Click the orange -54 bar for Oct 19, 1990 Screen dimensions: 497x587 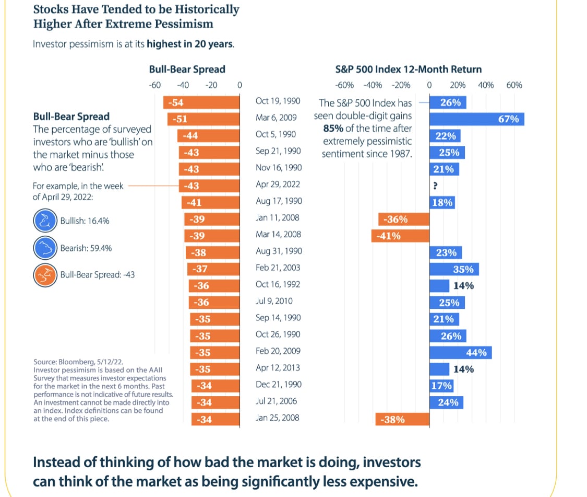tap(201, 102)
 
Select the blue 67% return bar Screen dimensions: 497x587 tap(476, 119)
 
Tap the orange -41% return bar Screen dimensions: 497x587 tap(400, 236)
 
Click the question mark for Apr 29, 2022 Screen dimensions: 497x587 tap(435, 186)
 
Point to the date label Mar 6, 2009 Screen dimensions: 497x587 tap(276, 118)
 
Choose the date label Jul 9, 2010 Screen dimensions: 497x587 tap(274, 301)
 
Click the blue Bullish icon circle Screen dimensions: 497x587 tap(44, 221)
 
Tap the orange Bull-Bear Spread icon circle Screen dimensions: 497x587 tap(44, 274)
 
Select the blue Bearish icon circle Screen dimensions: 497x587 tap(44, 248)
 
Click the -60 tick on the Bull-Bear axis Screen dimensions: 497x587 tap(154, 85)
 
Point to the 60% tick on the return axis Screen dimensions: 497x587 tap(514, 85)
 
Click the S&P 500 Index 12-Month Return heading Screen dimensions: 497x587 tap(408, 69)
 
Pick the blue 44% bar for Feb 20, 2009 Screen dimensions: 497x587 tap(460, 353)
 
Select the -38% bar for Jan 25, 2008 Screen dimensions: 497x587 tap(402, 419)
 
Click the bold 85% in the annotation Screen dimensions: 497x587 tap(332, 129)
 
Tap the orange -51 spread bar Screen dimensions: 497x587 tap(203, 119)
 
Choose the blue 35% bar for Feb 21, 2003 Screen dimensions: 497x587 tap(454, 269)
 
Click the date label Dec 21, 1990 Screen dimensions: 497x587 tap(279, 385)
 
